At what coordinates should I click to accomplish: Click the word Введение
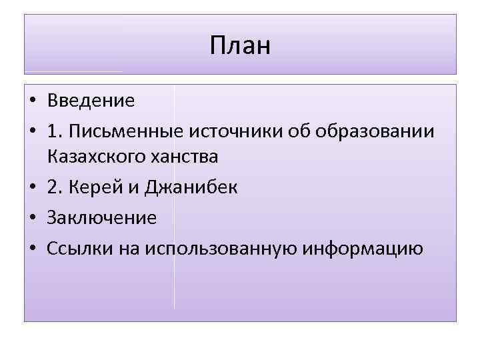coord(91,101)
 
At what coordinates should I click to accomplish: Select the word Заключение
coord(101,217)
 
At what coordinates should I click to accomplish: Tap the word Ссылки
coord(74,247)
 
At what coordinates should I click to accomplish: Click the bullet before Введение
coord(33,101)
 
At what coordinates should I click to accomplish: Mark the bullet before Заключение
coord(33,218)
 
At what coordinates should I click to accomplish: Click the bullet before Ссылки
coord(33,247)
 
